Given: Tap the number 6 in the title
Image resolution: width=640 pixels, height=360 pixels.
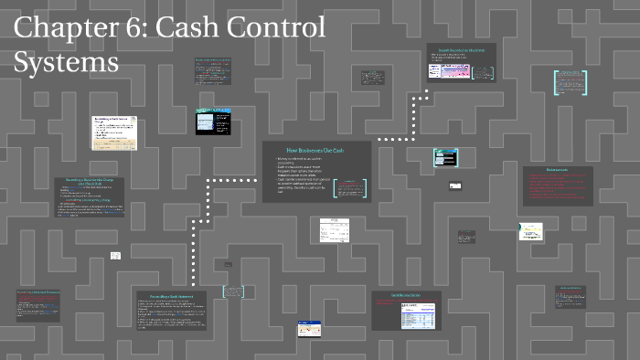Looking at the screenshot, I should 140,28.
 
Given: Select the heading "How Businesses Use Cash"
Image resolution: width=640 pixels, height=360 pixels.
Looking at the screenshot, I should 315,150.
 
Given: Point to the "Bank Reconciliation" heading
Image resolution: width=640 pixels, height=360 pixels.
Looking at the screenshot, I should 405,296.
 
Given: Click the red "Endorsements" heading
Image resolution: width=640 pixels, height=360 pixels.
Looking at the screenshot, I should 557,171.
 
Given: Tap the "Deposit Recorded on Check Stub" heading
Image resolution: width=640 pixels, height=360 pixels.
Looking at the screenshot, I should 461,49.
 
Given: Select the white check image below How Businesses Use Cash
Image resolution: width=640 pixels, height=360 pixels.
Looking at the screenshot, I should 335,229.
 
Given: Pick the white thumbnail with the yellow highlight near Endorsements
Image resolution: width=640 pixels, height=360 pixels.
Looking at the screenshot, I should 531,231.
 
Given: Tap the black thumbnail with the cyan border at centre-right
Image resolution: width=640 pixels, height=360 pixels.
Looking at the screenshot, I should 445,157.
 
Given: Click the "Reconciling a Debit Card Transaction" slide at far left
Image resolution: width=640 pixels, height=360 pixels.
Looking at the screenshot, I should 37,304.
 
